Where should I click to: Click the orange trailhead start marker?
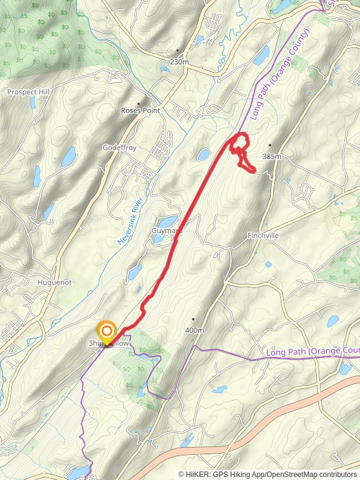point(107,332)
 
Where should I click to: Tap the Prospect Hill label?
point(28,92)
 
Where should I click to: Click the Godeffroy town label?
point(120,147)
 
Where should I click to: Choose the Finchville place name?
point(263,236)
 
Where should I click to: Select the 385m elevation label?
point(271,157)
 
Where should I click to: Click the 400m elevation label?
point(194,330)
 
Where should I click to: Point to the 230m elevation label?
point(179,61)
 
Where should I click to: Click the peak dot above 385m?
point(271,145)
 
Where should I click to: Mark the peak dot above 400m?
point(194,319)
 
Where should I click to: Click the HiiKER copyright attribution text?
point(268,474)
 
